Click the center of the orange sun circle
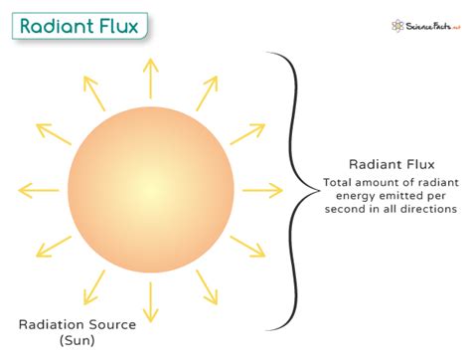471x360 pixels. coord(150,187)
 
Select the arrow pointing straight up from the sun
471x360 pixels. coord(150,76)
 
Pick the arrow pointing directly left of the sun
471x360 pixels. coord(38,188)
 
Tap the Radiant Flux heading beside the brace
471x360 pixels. coord(389,164)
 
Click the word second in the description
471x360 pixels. coord(340,209)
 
